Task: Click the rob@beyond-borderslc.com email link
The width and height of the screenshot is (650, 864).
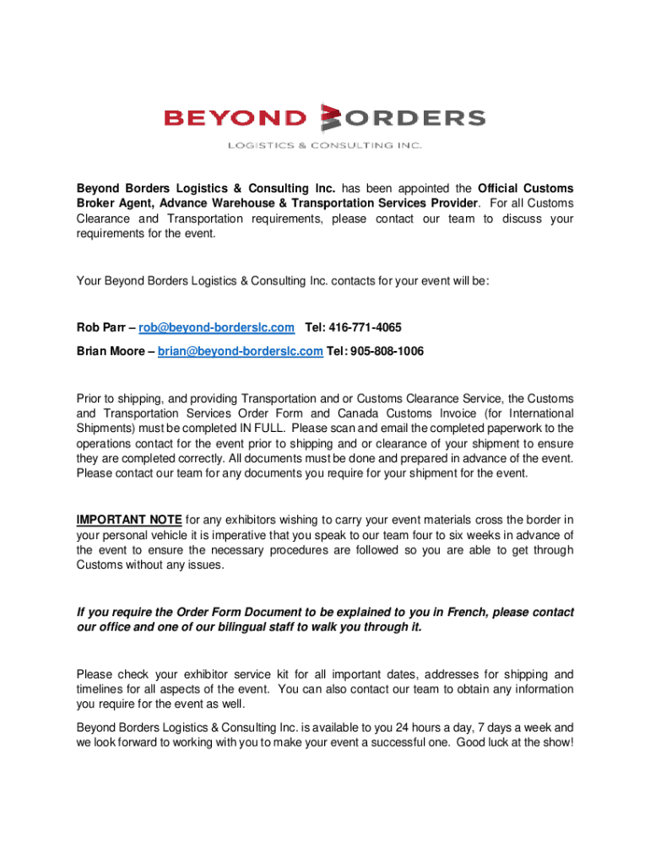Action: click(217, 327)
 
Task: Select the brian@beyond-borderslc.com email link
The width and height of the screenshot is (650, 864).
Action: click(240, 351)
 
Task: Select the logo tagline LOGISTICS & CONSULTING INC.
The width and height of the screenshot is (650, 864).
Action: click(324, 145)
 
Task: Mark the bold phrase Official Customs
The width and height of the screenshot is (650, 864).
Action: click(526, 188)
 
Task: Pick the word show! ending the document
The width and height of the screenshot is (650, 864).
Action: click(556, 742)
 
